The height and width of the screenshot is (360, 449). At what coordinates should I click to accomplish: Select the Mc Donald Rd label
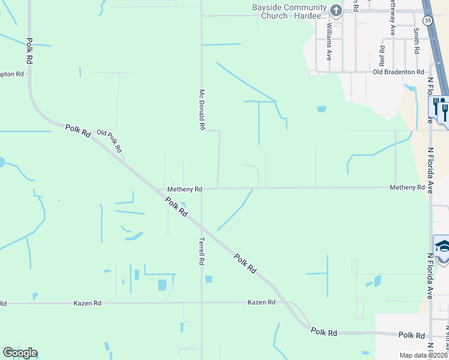pos(202,110)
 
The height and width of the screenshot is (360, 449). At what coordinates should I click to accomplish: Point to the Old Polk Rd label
pos(110,140)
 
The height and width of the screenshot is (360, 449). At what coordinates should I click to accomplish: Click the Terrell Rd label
pos(202,251)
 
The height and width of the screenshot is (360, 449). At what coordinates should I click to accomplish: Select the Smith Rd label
pos(416,40)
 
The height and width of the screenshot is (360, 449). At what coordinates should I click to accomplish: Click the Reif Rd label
pos(382,55)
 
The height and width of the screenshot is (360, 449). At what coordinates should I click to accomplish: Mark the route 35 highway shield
pos(427,20)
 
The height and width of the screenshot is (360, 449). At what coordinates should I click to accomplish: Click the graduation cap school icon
pos(442,247)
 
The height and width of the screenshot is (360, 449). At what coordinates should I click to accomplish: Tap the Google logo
pos(20,353)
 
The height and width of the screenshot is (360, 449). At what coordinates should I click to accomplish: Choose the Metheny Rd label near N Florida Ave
pos(407,188)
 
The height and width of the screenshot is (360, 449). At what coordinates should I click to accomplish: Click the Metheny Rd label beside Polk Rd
pos(184,189)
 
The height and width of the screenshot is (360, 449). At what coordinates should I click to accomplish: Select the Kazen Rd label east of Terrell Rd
pos(261,302)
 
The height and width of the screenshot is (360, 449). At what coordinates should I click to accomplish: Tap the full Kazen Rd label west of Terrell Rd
pos(88,303)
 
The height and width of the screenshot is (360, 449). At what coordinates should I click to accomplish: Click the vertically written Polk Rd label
pos(28,52)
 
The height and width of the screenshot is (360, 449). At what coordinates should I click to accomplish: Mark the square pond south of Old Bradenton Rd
pos(321,109)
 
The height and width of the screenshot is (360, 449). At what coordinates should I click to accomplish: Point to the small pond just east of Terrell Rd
pos(208,279)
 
